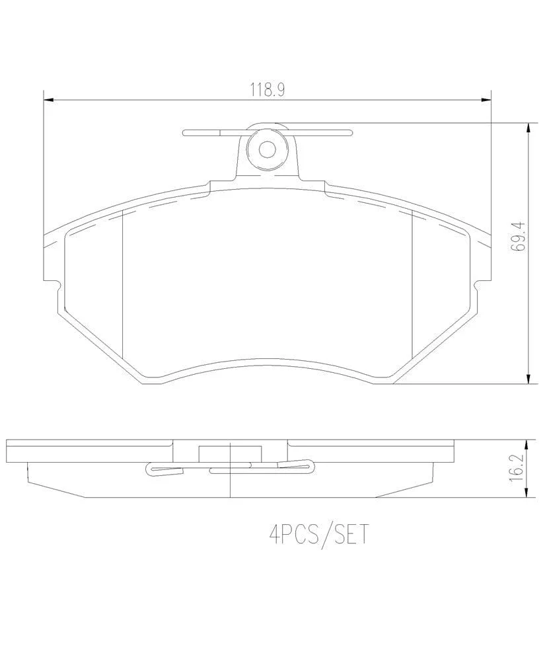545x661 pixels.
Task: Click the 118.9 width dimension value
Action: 268,90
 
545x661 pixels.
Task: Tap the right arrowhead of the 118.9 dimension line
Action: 486,100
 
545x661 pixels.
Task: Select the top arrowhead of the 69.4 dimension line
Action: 528,128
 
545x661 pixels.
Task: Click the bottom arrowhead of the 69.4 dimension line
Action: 528,379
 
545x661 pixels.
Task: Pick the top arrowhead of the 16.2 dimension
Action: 527,445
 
